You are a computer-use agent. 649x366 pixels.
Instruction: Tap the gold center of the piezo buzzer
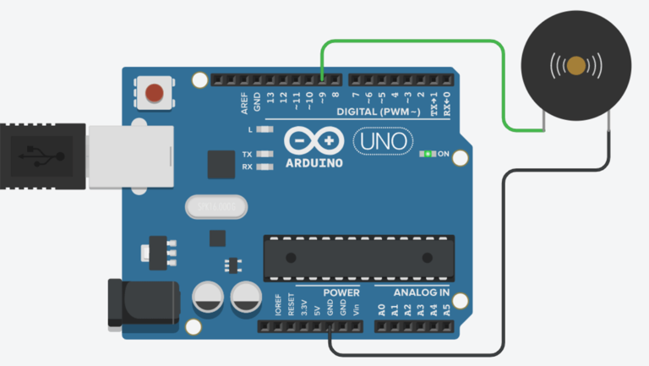576,66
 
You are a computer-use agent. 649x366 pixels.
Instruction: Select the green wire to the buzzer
504,85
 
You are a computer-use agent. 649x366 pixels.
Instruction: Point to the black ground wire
504,254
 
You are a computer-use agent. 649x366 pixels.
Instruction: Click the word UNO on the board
382,140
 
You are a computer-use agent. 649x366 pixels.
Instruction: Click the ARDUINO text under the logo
314,161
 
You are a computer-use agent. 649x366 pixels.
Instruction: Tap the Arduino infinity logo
314,140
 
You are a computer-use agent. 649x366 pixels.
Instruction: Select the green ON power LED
428,155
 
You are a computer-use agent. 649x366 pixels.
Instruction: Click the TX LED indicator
265,155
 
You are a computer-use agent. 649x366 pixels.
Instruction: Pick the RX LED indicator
265,167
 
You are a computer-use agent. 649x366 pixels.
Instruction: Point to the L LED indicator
265,130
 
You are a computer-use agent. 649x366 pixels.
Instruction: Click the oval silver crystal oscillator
216,205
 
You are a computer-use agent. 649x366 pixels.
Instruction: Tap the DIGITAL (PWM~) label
381,112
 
